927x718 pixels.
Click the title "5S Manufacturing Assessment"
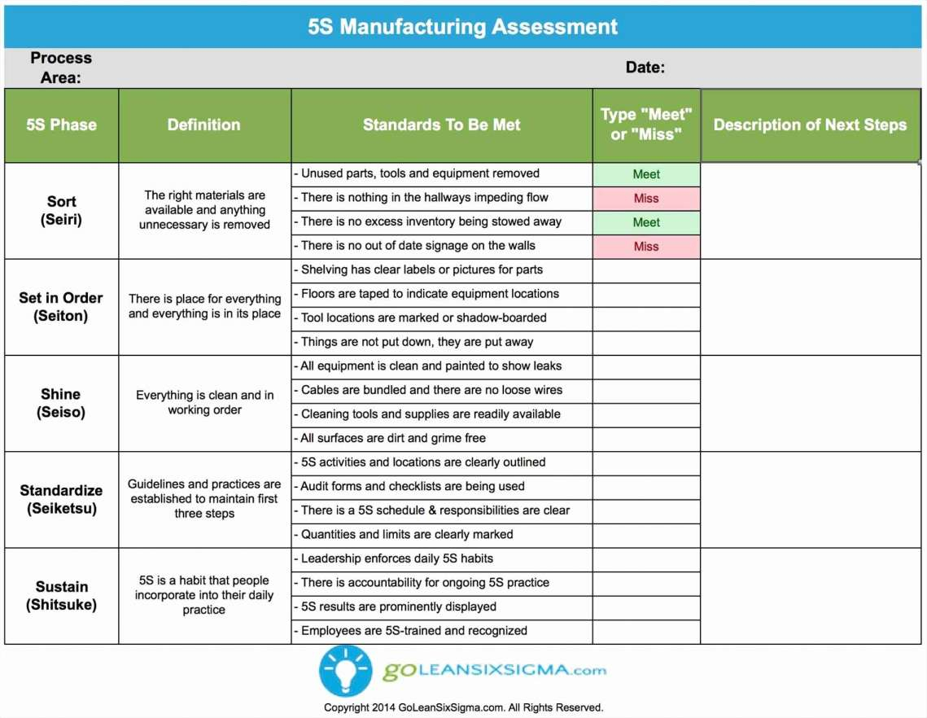coord(462,26)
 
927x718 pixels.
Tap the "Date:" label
coord(645,68)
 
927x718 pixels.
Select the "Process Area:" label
coord(61,68)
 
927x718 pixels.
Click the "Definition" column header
coord(203,125)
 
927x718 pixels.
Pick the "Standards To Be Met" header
coord(441,125)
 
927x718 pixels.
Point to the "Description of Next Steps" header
coord(810,125)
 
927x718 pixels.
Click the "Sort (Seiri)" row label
coord(62,210)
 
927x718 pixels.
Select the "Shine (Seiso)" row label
coord(61,403)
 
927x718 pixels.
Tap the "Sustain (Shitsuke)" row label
coord(61,595)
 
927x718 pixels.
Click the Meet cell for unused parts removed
coord(646,174)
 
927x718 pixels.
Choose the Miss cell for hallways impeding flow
coord(646,198)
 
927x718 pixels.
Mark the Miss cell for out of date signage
coord(646,246)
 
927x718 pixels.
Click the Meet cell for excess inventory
coord(646,222)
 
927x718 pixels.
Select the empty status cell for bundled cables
coord(646,391)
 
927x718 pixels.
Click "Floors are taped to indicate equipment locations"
coord(430,294)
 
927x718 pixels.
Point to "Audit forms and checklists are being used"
coord(413,486)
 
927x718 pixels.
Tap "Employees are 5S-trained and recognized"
coord(413,631)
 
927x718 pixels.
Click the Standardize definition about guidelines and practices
coord(204,498)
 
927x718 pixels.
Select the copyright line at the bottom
coord(463,707)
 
